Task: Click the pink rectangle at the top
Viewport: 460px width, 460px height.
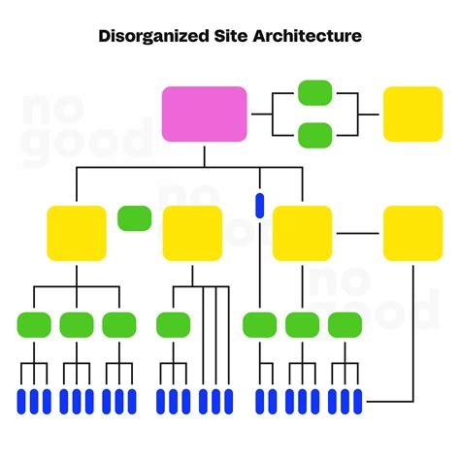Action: pyautogui.click(x=204, y=114)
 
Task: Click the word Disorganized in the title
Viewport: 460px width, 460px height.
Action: pyautogui.click(x=154, y=36)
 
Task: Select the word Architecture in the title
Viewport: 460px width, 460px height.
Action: pyautogui.click(x=308, y=36)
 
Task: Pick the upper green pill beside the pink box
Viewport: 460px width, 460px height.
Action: pyautogui.click(x=315, y=92)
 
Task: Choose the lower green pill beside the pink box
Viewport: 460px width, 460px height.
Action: pyautogui.click(x=315, y=134)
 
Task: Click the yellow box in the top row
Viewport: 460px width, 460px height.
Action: pyautogui.click(x=412, y=114)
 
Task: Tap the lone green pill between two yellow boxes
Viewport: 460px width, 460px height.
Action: pyautogui.click(x=134, y=218)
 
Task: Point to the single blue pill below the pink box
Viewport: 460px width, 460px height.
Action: pyautogui.click(x=259, y=205)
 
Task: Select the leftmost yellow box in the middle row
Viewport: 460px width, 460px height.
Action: pyautogui.click(x=77, y=233)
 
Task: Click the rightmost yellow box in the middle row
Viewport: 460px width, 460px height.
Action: pyautogui.click(x=412, y=233)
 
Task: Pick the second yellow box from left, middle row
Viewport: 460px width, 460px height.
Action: pyautogui.click(x=192, y=233)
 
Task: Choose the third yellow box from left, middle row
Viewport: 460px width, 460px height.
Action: pyautogui.click(x=302, y=233)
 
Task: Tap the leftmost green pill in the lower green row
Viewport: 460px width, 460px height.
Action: pyautogui.click(x=35, y=324)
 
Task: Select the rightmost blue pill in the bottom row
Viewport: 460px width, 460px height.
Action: pyautogui.click(x=357, y=400)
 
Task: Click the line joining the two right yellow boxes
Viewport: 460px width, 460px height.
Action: pyautogui.click(x=357, y=233)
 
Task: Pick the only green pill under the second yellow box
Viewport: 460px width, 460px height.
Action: pyautogui.click(x=174, y=324)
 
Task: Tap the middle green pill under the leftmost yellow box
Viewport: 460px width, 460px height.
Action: pyautogui.click(x=77, y=324)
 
